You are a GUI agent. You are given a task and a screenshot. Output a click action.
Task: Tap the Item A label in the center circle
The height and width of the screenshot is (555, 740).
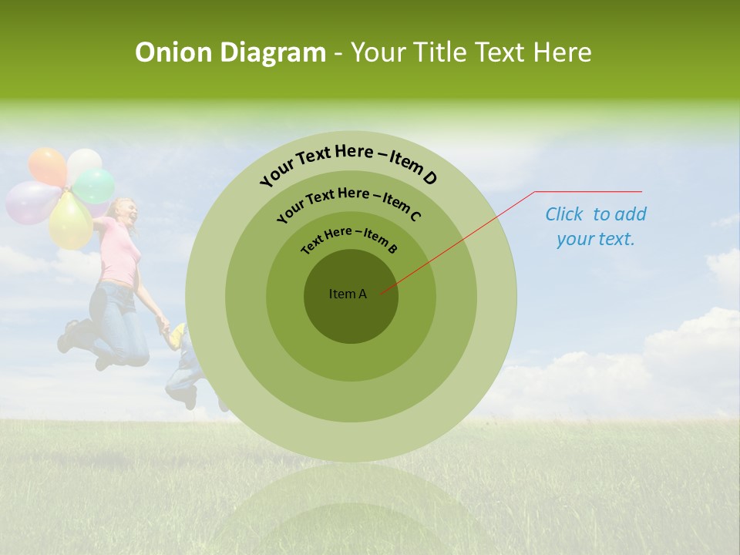coord(348,294)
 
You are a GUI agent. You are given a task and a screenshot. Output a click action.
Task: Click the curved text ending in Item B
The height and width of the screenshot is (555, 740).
coord(349,238)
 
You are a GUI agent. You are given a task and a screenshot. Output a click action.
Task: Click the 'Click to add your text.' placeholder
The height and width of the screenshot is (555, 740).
coord(596,227)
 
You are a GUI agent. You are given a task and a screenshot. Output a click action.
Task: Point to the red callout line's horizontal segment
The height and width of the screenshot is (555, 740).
coord(588,191)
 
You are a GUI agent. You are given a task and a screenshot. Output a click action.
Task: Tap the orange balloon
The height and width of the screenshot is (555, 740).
coord(46,166)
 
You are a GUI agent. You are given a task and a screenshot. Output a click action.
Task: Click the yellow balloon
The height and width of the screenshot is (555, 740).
coord(69,221)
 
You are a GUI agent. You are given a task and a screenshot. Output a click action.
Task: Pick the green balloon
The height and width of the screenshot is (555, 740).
coord(94,186)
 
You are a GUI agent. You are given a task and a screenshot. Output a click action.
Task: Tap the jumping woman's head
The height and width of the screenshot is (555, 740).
coord(126,210)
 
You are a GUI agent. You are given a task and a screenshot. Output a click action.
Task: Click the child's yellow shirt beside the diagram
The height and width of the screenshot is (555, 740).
coord(178,334)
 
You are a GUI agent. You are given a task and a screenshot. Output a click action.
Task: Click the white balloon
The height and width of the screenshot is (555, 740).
coord(83,163)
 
